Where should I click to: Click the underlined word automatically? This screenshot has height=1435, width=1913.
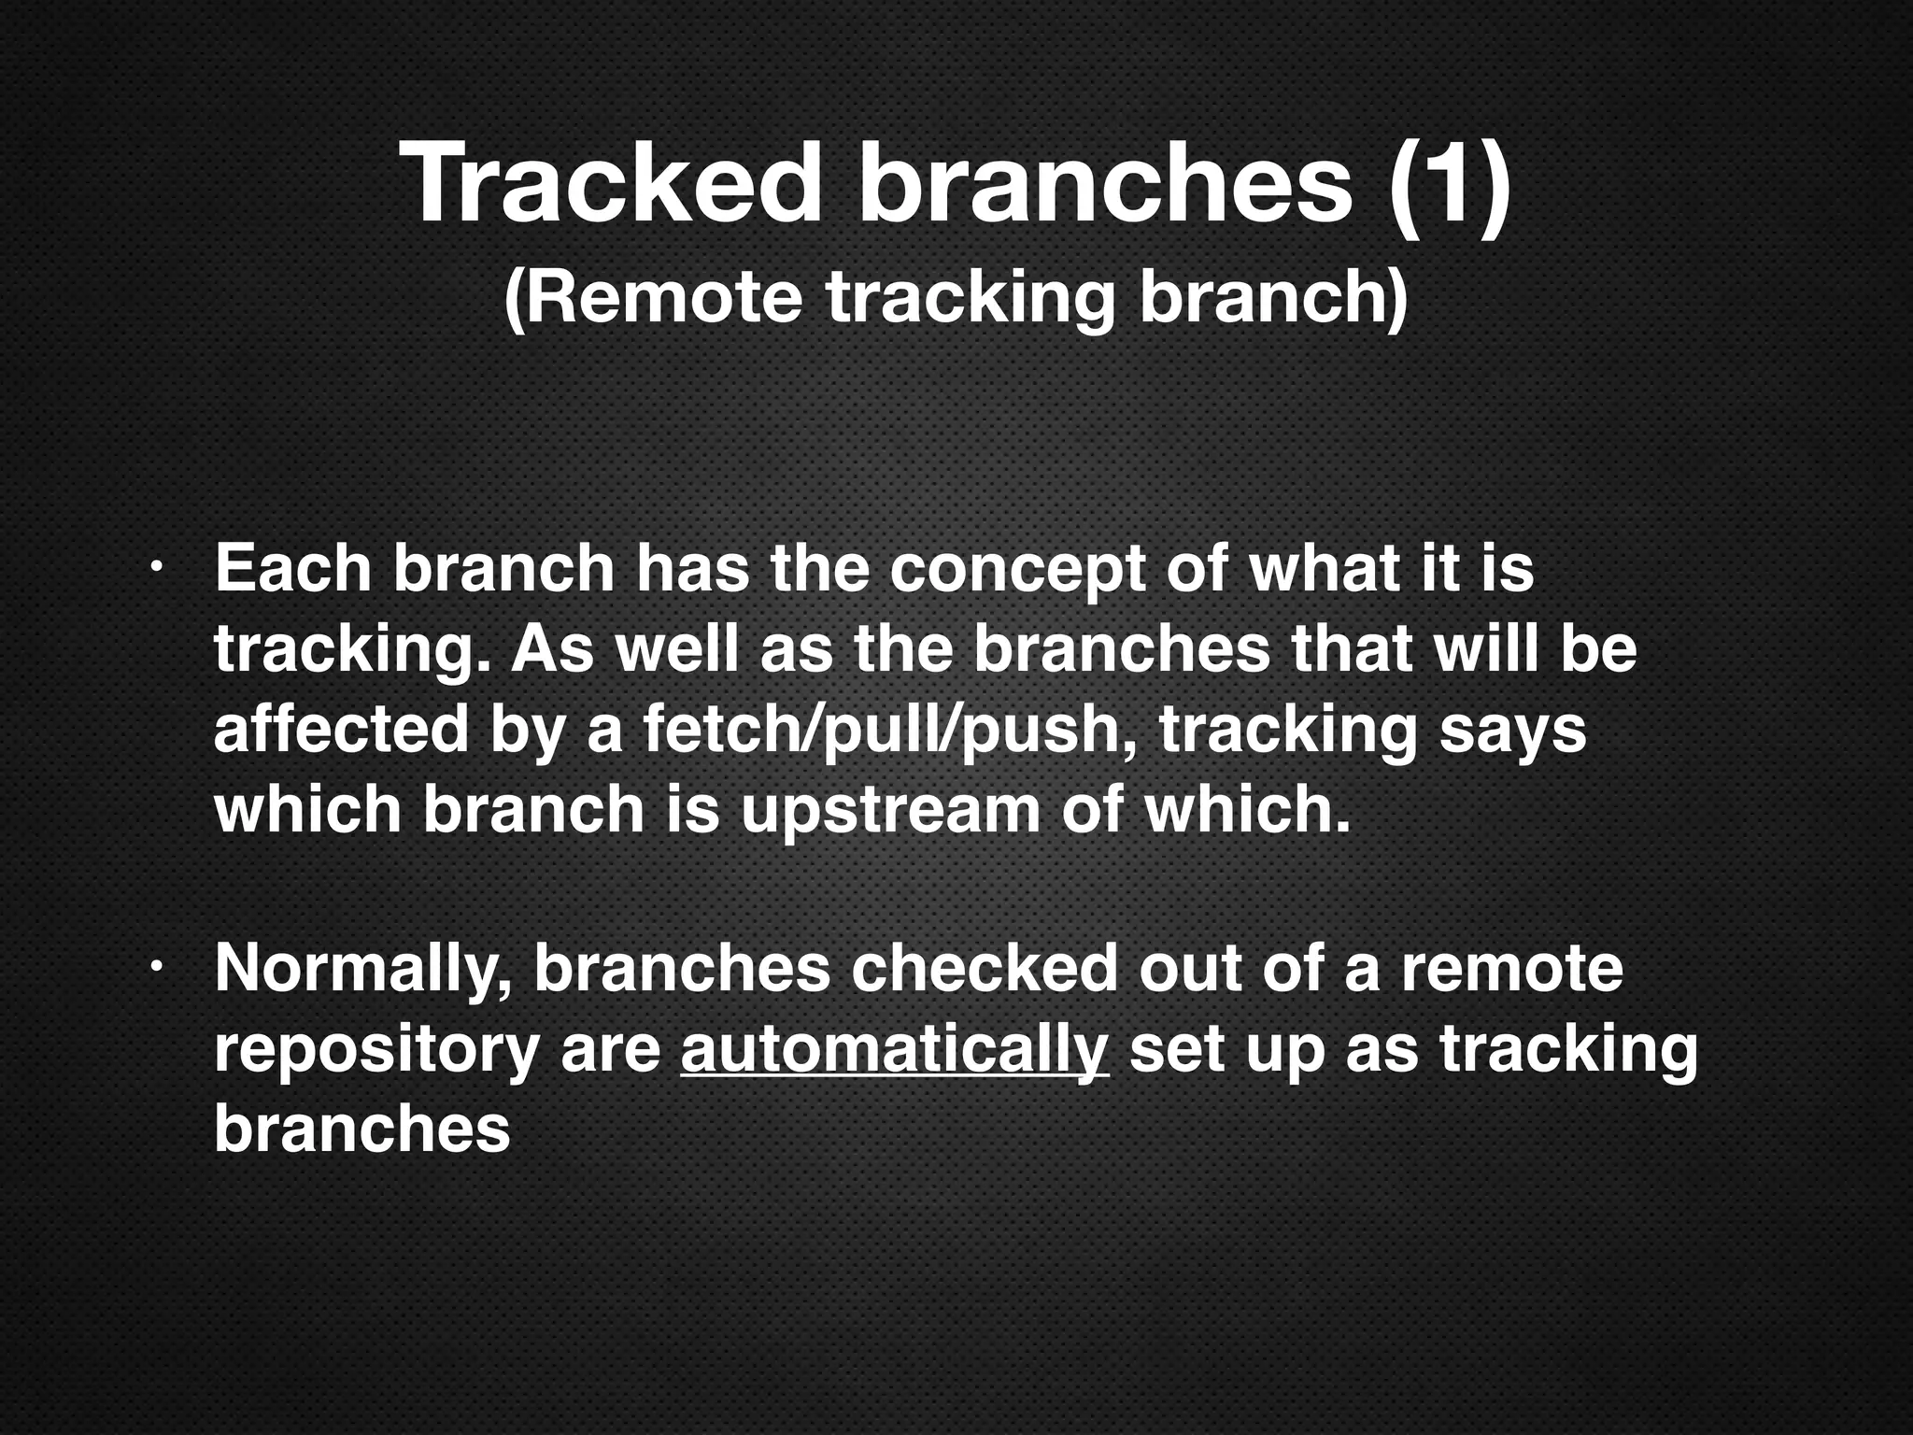(x=894, y=1048)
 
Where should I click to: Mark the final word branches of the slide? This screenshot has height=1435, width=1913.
(x=361, y=1129)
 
